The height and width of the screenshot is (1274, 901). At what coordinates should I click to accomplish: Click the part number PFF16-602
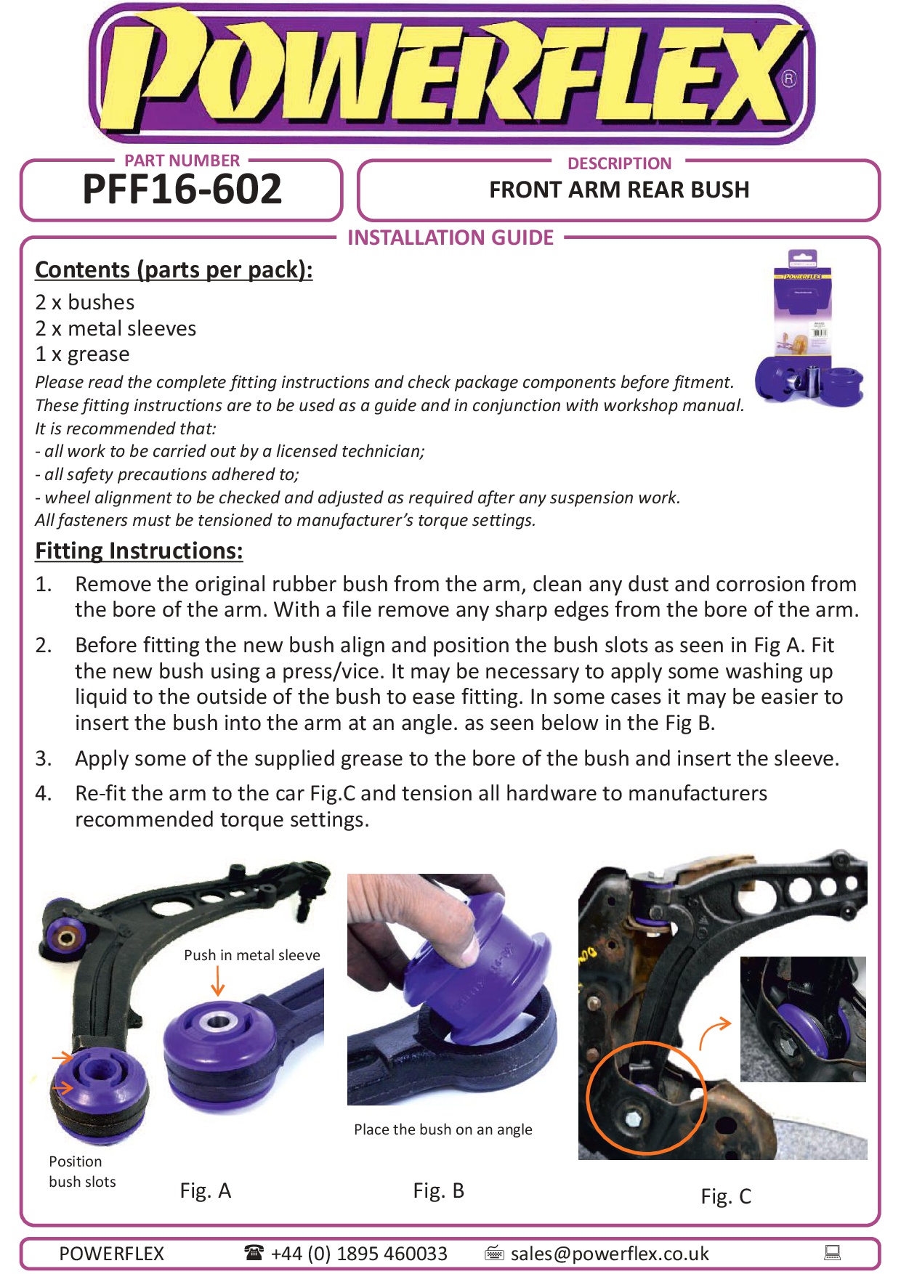[x=182, y=190]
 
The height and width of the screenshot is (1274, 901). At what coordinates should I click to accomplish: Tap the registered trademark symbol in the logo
[x=788, y=78]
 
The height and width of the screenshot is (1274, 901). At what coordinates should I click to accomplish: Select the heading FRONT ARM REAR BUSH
[x=619, y=190]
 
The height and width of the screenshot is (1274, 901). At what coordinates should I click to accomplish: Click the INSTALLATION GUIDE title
[x=450, y=238]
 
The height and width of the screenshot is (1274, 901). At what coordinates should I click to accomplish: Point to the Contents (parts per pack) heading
[x=174, y=270]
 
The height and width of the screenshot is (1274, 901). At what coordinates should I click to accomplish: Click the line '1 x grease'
[x=83, y=354]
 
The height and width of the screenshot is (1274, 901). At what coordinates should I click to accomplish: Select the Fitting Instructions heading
[x=139, y=551]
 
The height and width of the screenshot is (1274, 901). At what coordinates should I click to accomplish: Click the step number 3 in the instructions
[x=43, y=758]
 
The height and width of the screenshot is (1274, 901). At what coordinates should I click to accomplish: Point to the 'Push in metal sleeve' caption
[x=252, y=955]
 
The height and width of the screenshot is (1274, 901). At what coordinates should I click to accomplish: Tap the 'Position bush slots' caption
[x=82, y=1172]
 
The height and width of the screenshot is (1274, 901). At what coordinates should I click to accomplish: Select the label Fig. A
[x=206, y=1191]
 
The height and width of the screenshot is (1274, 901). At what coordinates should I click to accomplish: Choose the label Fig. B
[x=439, y=1191]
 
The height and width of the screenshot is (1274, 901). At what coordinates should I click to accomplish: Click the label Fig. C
[x=726, y=1197]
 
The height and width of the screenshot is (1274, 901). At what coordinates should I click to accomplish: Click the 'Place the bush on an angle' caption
[x=443, y=1129]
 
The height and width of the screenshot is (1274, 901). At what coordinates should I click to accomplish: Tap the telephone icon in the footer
[x=254, y=1252]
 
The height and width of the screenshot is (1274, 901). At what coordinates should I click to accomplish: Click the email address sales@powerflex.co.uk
[x=610, y=1254]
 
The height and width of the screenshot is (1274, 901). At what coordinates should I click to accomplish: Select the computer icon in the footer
[x=833, y=1252]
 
